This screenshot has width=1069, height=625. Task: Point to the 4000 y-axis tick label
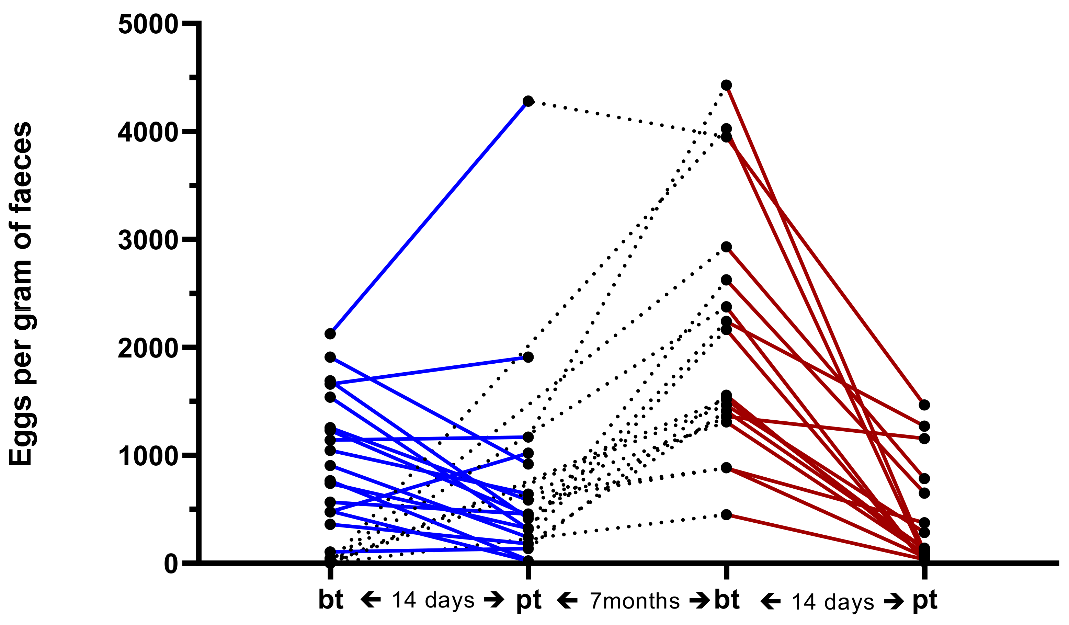(x=148, y=132)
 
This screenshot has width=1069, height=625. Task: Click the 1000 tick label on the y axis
(x=148, y=456)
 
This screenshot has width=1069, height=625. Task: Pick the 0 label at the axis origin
(x=171, y=564)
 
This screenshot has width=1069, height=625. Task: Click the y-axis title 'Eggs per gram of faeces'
(x=20, y=294)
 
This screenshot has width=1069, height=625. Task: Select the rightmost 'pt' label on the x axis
(x=925, y=600)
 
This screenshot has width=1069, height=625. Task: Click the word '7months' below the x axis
(x=635, y=601)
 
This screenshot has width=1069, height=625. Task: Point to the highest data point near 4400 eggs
(x=726, y=85)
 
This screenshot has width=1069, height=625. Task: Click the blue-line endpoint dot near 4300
(x=528, y=101)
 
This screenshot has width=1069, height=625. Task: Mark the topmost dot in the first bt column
(x=330, y=334)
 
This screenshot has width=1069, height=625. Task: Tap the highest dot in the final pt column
(x=924, y=405)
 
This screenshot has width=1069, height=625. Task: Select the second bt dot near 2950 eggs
(x=726, y=247)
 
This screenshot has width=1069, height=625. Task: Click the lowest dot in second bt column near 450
(x=726, y=515)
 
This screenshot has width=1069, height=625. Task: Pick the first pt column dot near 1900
(x=528, y=357)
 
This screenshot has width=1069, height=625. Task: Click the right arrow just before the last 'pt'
(x=894, y=601)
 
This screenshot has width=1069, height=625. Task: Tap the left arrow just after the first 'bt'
(x=370, y=600)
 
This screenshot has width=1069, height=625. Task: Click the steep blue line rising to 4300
(x=429, y=217)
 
